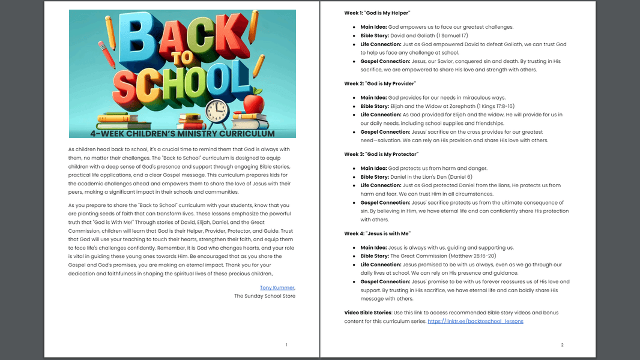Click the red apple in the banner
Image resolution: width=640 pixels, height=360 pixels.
254,103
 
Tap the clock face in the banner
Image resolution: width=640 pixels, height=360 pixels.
216,112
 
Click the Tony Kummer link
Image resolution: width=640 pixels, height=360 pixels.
277,287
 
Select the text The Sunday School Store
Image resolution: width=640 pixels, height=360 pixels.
265,296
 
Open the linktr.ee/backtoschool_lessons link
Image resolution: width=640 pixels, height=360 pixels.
475,321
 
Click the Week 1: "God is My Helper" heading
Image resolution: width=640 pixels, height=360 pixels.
377,13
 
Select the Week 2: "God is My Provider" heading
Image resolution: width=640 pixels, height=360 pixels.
379,83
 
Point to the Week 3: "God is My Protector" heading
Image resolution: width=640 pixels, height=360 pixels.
381,154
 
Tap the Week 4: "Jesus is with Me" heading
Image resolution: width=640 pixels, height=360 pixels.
377,233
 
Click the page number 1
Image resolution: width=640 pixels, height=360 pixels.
286,345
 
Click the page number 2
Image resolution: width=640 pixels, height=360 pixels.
562,345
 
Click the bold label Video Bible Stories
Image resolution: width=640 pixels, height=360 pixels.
367,313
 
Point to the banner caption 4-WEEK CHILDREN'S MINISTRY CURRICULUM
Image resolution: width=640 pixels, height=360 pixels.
182,133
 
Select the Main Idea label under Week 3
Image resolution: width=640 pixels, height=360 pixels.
373,169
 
